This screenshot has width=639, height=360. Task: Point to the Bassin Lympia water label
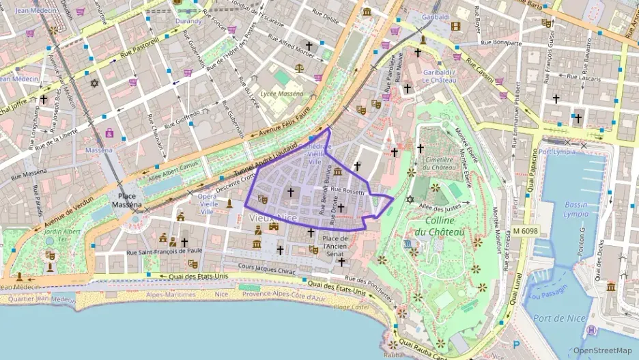(576, 209)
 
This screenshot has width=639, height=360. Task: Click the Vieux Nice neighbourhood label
(272, 217)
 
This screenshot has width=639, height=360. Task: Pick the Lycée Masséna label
(282, 92)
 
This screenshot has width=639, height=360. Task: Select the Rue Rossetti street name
(349, 191)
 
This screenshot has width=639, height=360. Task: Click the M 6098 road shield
(526, 232)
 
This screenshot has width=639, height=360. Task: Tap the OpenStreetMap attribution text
(601, 350)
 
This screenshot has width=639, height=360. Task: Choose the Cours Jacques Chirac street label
(267, 269)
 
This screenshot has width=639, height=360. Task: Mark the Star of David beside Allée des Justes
(410, 199)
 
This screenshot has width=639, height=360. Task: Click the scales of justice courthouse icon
(299, 68)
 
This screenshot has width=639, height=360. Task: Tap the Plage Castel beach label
(351, 307)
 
